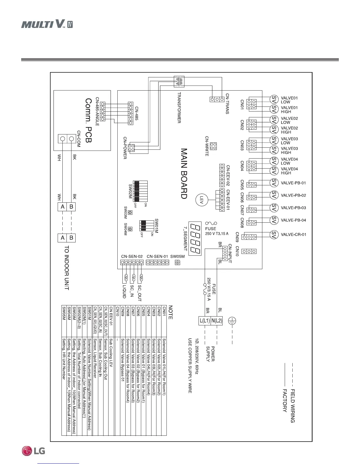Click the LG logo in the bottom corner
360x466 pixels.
(34, 451)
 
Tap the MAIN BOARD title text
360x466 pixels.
(184, 174)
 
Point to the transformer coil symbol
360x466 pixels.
(179, 82)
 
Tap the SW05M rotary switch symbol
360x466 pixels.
(177, 263)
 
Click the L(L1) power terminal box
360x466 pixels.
(205, 321)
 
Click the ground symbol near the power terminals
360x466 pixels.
(232, 321)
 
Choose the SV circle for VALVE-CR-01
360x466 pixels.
(274, 234)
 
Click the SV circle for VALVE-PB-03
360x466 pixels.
(274, 208)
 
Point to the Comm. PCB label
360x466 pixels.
(88, 120)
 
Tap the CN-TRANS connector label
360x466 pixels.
(227, 104)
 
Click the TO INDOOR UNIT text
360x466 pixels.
(66, 268)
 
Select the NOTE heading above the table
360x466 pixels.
(170, 312)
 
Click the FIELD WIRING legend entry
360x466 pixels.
(293, 406)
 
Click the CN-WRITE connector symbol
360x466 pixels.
(214, 146)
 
